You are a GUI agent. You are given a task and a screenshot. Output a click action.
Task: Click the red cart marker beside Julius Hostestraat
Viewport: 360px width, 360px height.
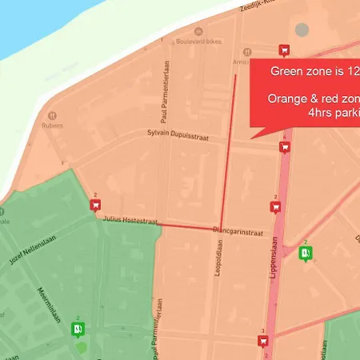[95, 205]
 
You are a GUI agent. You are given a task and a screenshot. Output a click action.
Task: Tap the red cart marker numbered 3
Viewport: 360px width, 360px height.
[262, 342]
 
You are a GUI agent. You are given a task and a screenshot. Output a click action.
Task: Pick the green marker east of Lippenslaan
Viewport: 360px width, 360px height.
[305, 254]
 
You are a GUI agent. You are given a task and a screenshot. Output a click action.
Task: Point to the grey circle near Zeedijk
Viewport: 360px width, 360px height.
[302, 30]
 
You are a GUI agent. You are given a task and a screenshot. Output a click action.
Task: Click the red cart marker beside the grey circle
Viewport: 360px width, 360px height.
[283, 50]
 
